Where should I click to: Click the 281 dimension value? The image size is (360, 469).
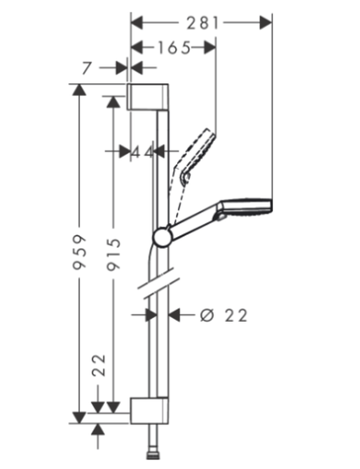203,23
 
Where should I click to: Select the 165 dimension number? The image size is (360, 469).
174,48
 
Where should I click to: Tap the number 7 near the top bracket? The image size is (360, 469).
87,68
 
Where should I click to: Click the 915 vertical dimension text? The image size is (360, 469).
114,254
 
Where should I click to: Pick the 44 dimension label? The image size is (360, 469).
143,152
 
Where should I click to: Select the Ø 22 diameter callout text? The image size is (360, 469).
224,315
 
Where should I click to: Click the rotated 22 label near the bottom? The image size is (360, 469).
99,365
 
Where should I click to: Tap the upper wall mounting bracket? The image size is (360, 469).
148,97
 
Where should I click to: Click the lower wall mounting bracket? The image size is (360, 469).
149,411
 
